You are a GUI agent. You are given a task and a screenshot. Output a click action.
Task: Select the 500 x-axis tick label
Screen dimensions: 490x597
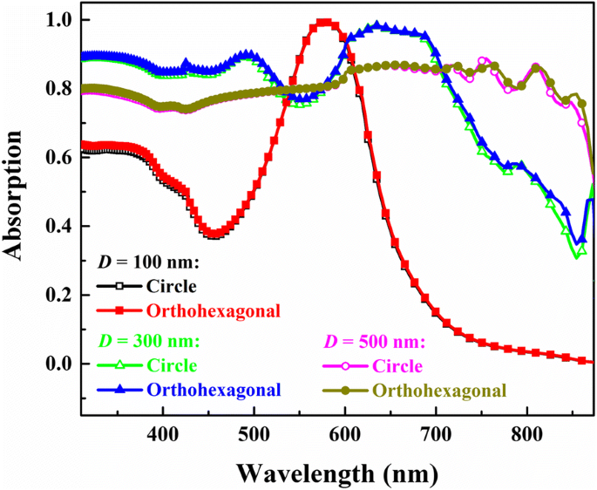(x=254, y=433)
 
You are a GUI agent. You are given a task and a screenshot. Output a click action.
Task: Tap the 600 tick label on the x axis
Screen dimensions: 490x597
(x=345, y=433)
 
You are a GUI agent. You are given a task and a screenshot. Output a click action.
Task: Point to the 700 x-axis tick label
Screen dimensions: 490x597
(x=436, y=433)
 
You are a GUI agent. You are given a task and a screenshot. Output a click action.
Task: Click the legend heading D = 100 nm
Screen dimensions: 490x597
(x=147, y=262)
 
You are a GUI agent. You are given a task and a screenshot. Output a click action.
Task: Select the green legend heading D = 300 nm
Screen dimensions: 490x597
(x=147, y=340)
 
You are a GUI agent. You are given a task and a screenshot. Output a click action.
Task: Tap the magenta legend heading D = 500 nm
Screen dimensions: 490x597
(x=374, y=340)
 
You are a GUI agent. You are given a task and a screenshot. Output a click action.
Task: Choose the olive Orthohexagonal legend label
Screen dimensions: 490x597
(x=443, y=390)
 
